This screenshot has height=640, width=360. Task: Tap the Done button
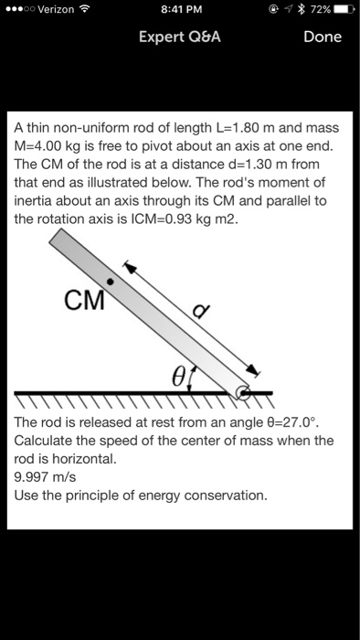tap(323, 37)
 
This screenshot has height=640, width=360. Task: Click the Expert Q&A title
tap(180, 37)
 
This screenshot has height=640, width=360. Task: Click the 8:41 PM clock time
tap(180, 11)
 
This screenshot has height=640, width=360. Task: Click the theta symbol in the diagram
tap(179, 376)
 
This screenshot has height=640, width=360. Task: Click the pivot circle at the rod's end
tap(243, 393)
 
